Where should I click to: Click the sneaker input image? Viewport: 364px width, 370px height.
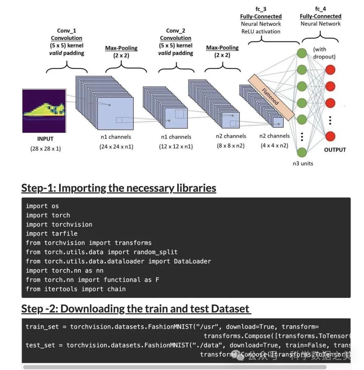point(44,110)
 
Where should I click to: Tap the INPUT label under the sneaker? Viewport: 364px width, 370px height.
point(45,139)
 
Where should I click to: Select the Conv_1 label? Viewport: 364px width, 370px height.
point(66,31)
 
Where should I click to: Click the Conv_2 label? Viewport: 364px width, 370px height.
point(176,31)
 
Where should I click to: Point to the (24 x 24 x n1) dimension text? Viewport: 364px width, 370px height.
point(116,146)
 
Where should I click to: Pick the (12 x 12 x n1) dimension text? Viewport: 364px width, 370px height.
point(176,146)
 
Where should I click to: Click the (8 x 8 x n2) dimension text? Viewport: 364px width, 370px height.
point(231,146)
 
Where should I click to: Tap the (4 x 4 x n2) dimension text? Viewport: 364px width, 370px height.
point(274,145)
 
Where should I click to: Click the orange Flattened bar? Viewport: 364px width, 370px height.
point(271,97)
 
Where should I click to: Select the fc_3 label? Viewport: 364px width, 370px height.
point(261,9)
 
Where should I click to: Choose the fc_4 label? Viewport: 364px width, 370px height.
point(321,9)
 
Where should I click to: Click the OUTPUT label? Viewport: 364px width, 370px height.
point(335,150)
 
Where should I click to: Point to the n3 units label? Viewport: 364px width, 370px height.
point(303,163)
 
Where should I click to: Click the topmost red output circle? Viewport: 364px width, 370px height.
point(330,70)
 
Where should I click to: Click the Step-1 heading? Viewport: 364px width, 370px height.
point(119,188)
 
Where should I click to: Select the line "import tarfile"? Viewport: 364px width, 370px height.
point(52,234)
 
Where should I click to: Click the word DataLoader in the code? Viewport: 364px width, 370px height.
point(192,261)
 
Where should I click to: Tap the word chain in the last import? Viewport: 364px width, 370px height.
point(116,289)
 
